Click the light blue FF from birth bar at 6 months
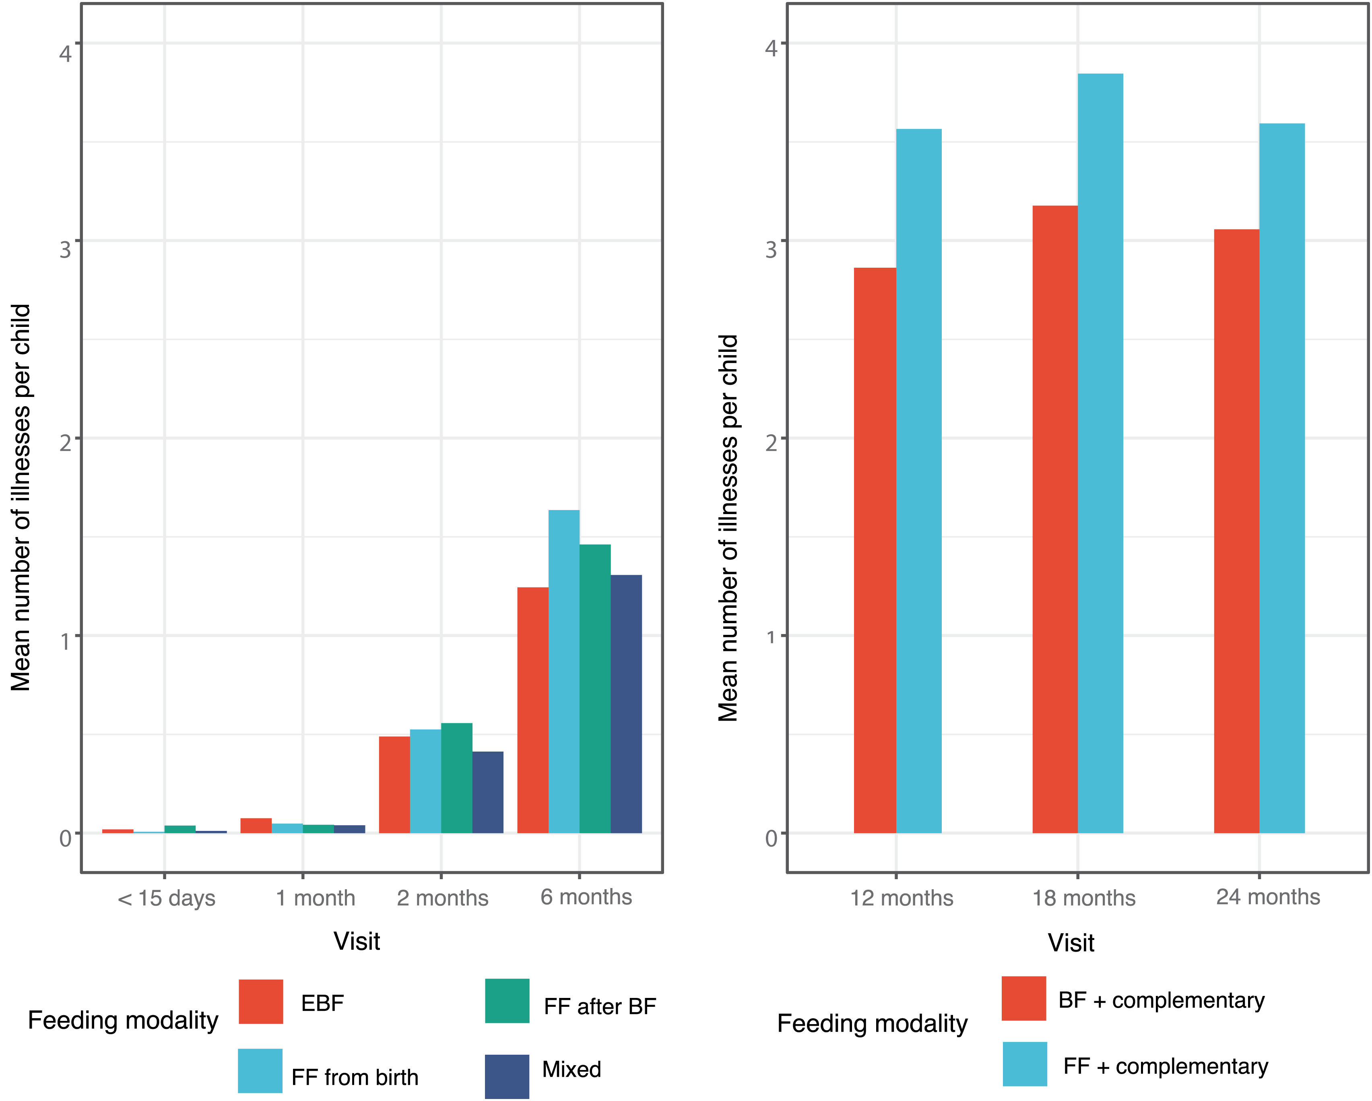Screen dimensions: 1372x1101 (x=564, y=671)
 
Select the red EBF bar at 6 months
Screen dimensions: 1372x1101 (x=532, y=710)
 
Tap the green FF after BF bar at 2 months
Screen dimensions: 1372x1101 (x=457, y=778)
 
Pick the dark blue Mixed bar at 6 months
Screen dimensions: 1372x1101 (x=626, y=704)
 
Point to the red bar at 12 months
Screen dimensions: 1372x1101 (x=875, y=551)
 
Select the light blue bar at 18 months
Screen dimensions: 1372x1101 (x=1100, y=453)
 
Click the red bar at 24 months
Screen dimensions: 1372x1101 (x=1236, y=531)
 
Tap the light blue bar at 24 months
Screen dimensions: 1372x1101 (x=1281, y=478)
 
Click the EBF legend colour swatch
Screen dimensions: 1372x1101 (x=261, y=1001)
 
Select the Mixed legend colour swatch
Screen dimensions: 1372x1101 (x=507, y=1076)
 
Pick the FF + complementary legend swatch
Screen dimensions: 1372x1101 (x=1025, y=1064)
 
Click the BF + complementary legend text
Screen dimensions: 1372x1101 (x=1162, y=1000)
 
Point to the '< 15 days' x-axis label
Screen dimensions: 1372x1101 (x=166, y=898)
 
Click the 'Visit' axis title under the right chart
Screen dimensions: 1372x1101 (x=1071, y=942)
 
